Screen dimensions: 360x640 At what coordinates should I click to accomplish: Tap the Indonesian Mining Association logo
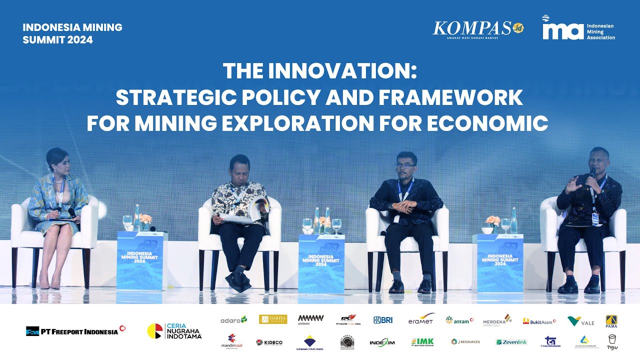pos(578,28)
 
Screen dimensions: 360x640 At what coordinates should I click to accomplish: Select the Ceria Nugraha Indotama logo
pos(174,331)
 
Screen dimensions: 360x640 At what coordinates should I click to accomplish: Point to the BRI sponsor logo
pos(383,320)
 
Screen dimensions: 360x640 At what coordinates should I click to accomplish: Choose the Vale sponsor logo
pos(580,321)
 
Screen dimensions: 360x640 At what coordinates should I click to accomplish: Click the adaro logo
pos(233,319)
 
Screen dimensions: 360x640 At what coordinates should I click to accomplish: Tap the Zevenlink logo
pos(511,342)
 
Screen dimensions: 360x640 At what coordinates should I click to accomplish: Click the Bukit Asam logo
pos(539,321)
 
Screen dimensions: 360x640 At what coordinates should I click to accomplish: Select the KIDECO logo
pos(269,342)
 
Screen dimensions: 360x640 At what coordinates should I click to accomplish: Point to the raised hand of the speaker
pos(572,184)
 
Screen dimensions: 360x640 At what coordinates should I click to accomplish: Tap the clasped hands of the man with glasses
pos(403,206)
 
